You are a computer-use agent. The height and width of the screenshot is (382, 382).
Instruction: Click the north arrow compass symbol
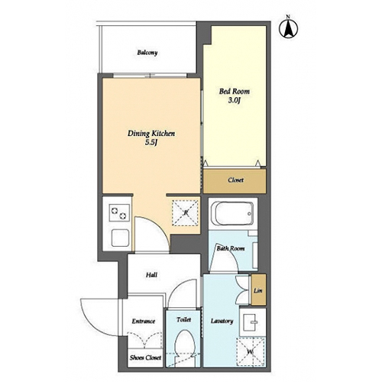(289, 28)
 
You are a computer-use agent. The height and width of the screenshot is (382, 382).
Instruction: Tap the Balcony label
(147, 53)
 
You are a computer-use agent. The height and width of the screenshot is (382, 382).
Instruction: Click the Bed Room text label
(235, 91)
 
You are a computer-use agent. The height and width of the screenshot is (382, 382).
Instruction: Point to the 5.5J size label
(151, 142)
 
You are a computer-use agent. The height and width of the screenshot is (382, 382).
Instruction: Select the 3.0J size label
(235, 100)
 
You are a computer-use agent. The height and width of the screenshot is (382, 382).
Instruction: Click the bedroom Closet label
(235, 180)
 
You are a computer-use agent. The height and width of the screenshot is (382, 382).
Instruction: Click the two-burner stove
(119, 213)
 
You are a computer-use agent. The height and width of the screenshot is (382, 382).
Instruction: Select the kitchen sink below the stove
(120, 238)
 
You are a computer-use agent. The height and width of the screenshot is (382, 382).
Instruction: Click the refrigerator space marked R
(186, 213)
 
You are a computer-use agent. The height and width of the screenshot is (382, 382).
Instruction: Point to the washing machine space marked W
(251, 351)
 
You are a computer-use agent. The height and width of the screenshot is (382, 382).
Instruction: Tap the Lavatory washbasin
(253, 322)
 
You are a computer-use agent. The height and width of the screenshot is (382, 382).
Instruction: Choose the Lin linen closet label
(258, 290)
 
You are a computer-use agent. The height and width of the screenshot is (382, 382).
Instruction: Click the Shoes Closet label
(145, 358)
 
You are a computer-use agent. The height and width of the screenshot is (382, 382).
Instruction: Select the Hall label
(151, 275)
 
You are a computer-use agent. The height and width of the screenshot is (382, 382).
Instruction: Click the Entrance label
(144, 321)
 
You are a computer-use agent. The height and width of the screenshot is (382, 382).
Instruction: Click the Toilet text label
(183, 319)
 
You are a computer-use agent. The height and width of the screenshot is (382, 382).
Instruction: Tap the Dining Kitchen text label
(151, 134)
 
